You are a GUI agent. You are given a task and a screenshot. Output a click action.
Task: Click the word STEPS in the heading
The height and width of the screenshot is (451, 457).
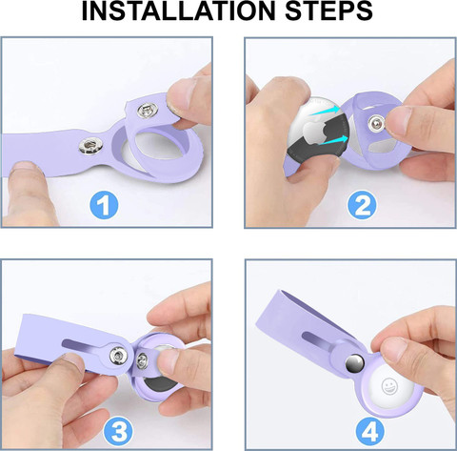click(328, 11)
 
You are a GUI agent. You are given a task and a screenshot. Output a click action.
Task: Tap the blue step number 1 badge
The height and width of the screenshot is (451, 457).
click(104, 205)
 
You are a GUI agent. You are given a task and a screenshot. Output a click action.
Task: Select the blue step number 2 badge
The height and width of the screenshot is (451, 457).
click(362, 205)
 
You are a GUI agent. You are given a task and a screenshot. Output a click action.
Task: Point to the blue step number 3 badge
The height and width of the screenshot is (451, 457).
click(118, 430)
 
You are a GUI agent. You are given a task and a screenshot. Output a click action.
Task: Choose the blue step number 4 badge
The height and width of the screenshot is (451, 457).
click(370, 430)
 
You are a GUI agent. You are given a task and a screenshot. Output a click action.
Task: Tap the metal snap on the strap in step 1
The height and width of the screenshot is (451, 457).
click(89, 146)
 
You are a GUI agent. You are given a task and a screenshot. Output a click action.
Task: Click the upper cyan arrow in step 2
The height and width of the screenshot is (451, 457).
click(325, 111)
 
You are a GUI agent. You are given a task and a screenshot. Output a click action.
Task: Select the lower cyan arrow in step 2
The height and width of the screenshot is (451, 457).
click(332, 140)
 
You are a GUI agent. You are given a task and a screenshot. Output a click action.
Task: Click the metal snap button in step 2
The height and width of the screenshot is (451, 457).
click(377, 123)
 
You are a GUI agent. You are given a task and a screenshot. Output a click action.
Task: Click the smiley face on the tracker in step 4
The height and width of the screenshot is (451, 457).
click(389, 386)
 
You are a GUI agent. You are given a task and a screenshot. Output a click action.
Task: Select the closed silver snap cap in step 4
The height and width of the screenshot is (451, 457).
click(355, 363)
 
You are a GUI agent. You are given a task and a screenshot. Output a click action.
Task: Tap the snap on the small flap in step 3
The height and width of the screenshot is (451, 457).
click(142, 360)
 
